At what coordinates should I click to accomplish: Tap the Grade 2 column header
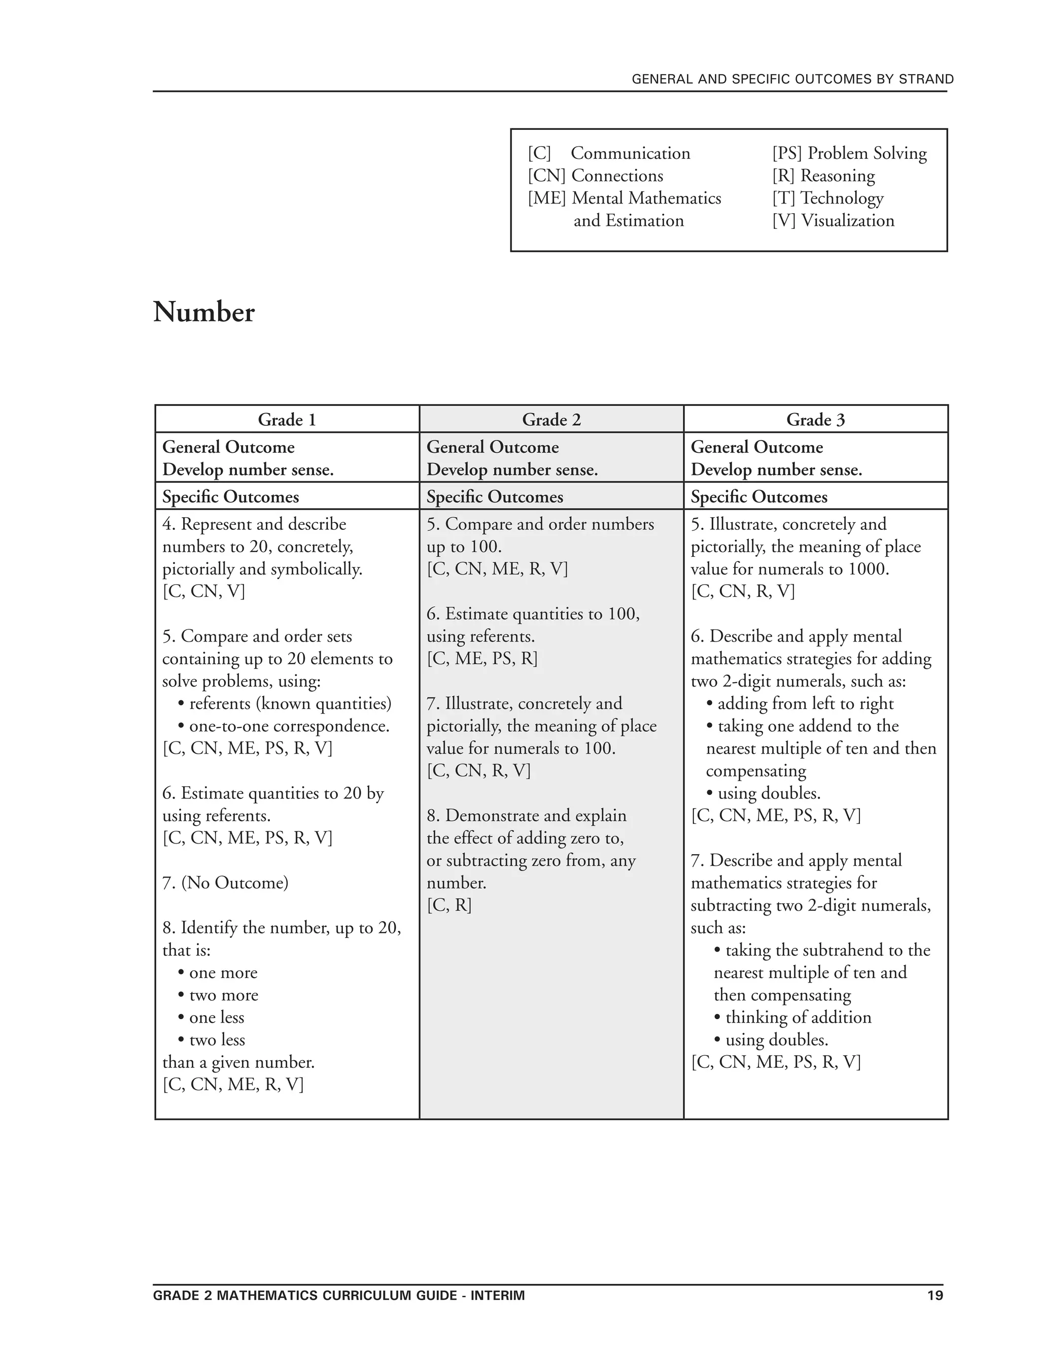(x=551, y=420)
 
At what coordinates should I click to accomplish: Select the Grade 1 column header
(x=287, y=420)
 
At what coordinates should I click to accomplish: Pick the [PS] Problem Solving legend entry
(x=849, y=153)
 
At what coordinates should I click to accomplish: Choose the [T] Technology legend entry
(x=828, y=198)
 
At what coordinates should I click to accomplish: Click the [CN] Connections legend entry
(x=595, y=176)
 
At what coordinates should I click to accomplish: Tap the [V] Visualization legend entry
(x=833, y=220)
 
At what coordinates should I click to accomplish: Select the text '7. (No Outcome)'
(x=225, y=883)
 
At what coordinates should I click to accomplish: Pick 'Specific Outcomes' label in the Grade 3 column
(x=758, y=497)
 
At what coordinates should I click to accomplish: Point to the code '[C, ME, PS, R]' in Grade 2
(x=482, y=659)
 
